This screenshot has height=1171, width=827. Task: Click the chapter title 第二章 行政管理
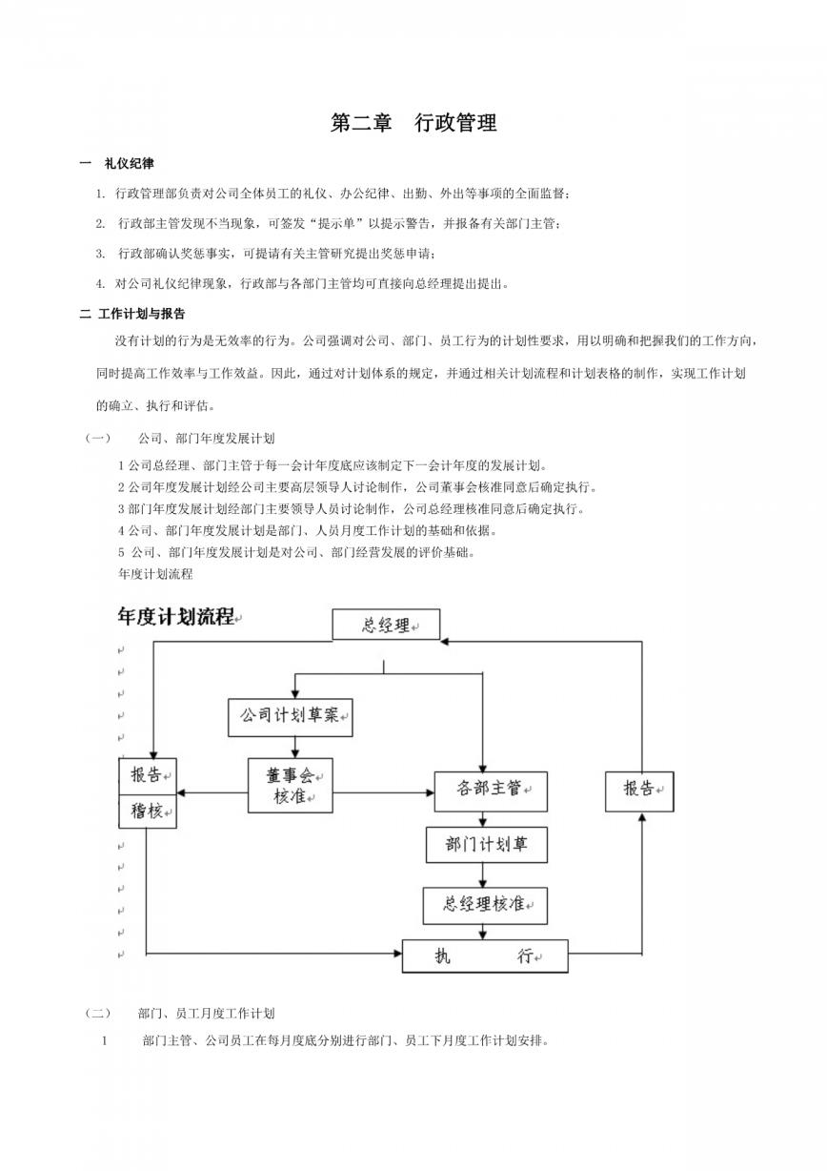click(x=413, y=123)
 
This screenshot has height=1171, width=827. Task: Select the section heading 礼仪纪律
click(x=129, y=164)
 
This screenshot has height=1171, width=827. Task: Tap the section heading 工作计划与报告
click(x=142, y=314)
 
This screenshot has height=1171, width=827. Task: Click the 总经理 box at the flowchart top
click(x=386, y=625)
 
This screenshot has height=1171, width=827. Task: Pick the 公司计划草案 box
click(x=291, y=717)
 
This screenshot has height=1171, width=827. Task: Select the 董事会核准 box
click(x=290, y=785)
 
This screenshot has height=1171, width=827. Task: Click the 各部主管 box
click(x=491, y=791)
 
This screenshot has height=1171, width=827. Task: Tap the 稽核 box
click(x=148, y=811)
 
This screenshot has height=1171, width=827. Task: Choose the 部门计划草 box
click(x=486, y=844)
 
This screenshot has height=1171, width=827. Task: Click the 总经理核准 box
click(x=485, y=906)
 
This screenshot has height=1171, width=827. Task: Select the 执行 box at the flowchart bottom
click(x=485, y=956)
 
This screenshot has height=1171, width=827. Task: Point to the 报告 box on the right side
click(x=639, y=791)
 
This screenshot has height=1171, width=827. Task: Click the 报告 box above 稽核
click(x=148, y=776)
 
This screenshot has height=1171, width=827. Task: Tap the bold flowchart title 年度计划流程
click(x=176, y=617)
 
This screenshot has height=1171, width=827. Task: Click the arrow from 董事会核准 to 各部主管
click(x=383, y=792)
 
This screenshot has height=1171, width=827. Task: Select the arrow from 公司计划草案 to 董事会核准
click(x=295, y=748)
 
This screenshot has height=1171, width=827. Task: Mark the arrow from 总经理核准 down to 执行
click(x=483, y=932)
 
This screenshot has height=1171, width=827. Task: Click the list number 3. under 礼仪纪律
click(x=100, y=254)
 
